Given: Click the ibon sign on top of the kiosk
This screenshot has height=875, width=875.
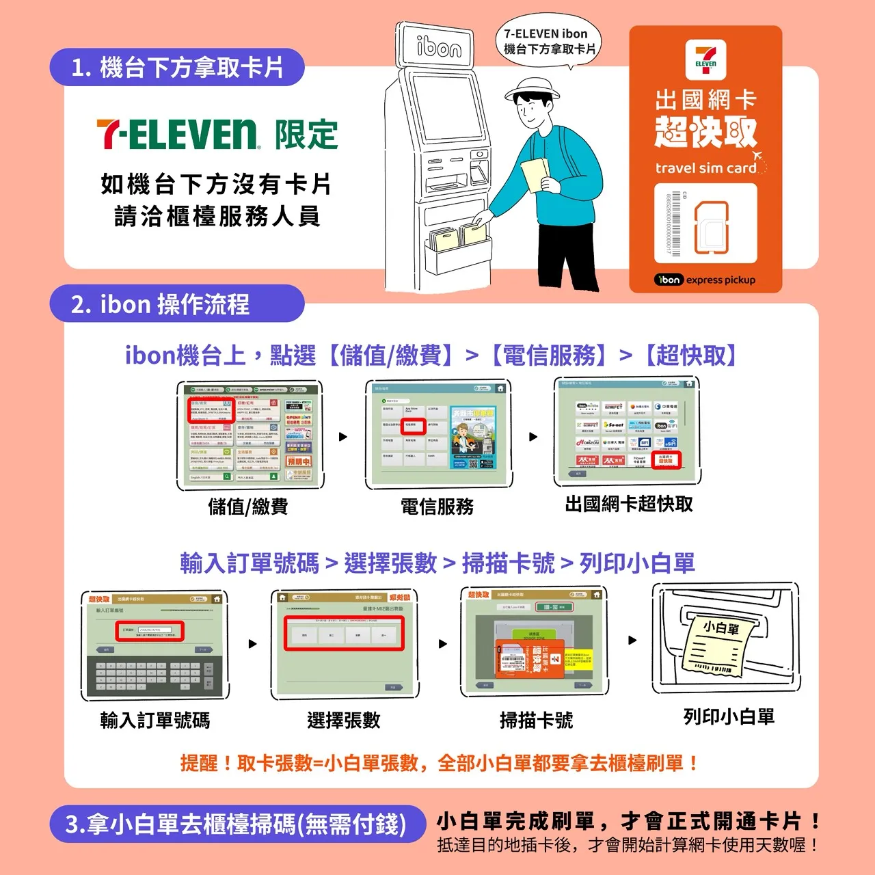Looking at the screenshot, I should click(x=437, y=46).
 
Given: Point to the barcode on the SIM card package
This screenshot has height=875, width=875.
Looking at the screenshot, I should click(x=674, y=224).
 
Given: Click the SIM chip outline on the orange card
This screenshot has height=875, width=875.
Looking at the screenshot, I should click(x=711, y=227).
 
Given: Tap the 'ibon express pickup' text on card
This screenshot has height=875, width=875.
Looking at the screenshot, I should click(x=705, y=280).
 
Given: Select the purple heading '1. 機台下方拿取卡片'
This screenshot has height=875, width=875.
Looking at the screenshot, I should click(x=176, y=67).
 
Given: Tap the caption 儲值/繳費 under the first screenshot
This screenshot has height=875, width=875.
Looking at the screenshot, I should click(x=248, y=507).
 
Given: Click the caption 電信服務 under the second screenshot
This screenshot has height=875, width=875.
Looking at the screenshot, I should click(x=437, y=507).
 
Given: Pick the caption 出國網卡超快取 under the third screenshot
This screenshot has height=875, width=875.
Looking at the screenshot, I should click(x=629, y=504).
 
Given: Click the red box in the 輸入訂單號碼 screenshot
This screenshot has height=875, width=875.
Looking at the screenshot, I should click(x=148, y=632).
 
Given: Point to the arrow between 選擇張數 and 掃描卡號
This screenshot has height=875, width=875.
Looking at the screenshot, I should click(x=443, y=644).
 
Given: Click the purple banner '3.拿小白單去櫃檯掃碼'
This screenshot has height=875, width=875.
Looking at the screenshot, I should click(x=235, y=824).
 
